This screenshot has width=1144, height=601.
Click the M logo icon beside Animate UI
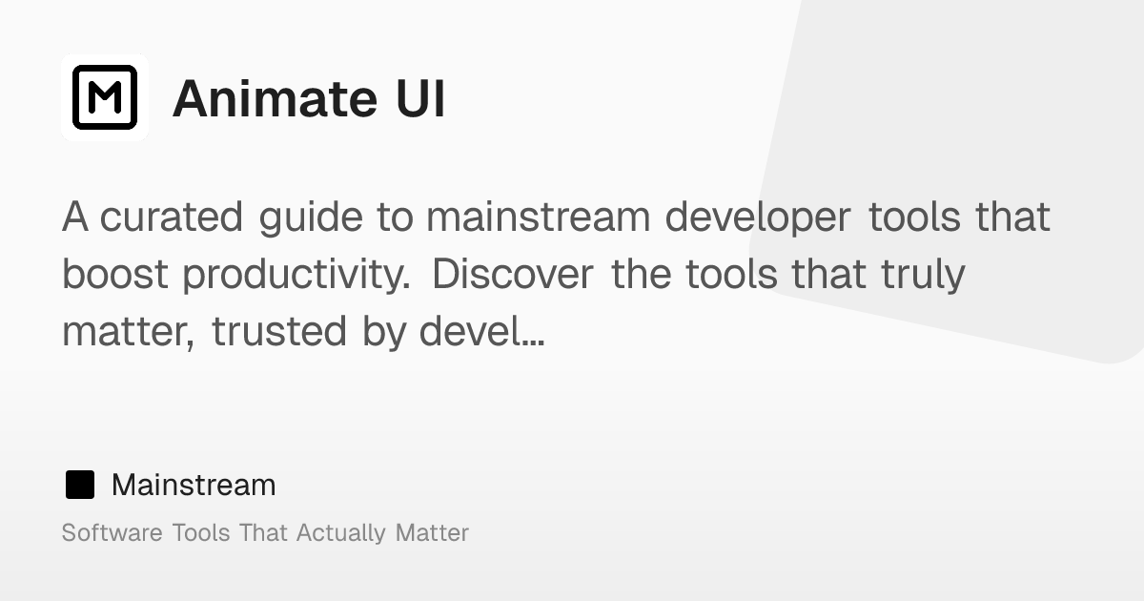(x=105, y=97)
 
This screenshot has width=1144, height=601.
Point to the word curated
(x=172, y=218)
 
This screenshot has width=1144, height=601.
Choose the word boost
(x=115, y=275)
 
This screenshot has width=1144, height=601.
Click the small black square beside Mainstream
(x=80, y=485)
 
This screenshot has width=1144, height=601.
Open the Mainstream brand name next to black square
(x=194, y=485)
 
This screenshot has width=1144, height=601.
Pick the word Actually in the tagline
(x=341, y=533)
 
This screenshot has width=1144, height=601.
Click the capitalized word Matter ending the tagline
(x=432, y=532)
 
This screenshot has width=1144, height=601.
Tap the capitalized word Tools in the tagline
(x=200, y=532)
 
